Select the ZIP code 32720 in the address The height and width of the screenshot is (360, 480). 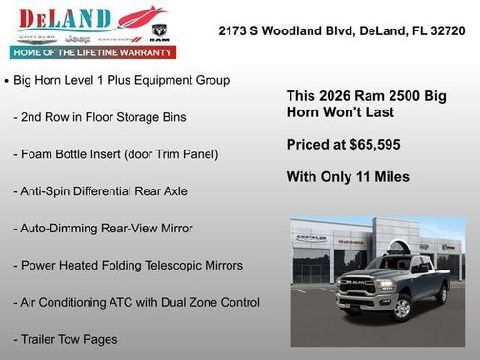point(448,30)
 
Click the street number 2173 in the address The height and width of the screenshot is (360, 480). point(234,30)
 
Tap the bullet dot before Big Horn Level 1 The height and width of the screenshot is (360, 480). point(8,82)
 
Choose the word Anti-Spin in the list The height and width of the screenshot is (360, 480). point(50,191)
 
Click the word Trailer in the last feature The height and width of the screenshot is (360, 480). point(41,339)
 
